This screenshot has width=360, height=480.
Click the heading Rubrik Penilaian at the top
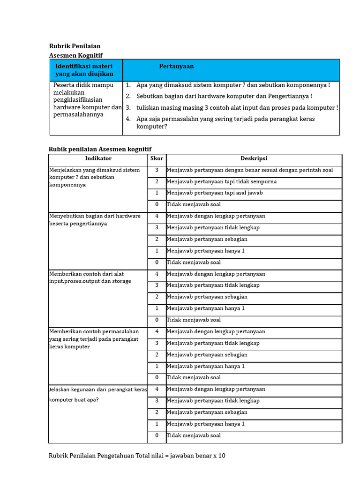tap(75, 46)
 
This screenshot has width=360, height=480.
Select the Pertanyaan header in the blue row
tap(176, 67)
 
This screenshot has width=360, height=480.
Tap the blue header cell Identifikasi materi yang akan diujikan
tap(84, 70)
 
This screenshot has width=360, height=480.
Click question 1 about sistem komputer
tap(232, 85)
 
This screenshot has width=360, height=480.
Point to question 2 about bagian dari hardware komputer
tap(224, 96)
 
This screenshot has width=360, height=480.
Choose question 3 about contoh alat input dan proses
tap(237, 107)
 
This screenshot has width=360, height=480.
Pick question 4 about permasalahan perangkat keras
tap(225, 122)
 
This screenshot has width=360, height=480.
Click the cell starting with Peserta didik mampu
tap(87, 100)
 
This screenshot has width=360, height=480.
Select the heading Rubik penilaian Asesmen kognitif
tap(100, 149)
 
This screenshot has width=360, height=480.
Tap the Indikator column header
tap(98, 159)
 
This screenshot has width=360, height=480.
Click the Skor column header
tap(157, 159)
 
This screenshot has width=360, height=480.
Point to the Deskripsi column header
tap(254, 159)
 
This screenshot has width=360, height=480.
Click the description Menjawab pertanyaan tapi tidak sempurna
tap(221, 181)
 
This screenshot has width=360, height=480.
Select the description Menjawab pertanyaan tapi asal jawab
tap(214, 193)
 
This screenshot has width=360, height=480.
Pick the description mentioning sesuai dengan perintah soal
tap(249, 170)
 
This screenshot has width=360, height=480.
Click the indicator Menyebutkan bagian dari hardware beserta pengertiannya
tap(95, 220)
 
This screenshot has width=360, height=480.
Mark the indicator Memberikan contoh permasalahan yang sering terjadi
tap(94, 339)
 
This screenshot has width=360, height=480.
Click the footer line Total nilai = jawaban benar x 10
tap(137, 456)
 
